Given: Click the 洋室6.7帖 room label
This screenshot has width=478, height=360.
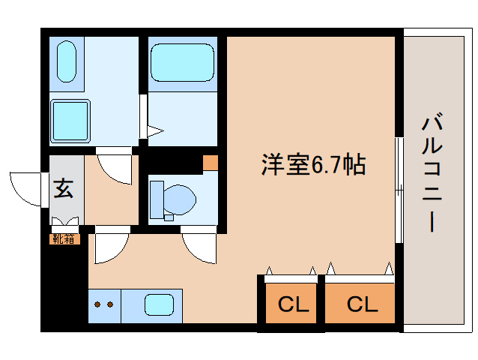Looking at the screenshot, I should point(312,164).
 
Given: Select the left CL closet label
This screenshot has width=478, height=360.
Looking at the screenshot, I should point(293,304).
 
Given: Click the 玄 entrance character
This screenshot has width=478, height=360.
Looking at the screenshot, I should point(64,189).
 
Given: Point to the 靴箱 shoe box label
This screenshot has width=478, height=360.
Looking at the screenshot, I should point(64,239).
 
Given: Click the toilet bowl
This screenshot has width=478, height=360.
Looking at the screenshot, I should point(178,199).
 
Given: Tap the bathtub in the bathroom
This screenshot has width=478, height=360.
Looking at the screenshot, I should point(183,62).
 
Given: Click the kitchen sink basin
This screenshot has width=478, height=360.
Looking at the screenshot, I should point(159,304).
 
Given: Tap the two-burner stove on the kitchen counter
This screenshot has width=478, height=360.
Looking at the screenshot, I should point(104,305).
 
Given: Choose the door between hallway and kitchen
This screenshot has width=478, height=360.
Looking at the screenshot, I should point(109,247).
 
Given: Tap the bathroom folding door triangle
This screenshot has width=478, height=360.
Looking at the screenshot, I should point(155,133).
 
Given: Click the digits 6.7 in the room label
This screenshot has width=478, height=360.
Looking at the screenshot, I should point(324,165).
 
